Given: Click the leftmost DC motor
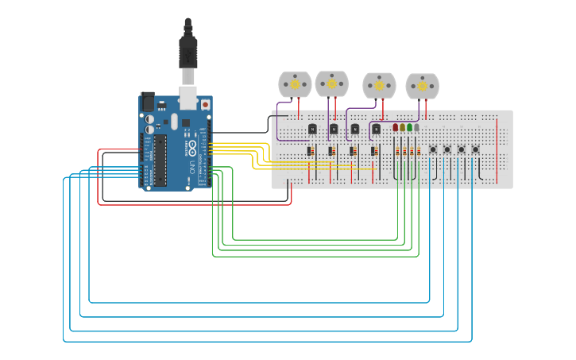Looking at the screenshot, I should tap(295, 84).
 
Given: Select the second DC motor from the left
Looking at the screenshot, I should tap(331, 83).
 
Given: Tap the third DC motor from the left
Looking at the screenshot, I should tap(379, 85).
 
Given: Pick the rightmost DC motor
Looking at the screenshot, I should tap(422, 86).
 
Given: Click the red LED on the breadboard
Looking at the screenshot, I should tap(395, 127).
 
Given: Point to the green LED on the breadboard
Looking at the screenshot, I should tap(409, 127).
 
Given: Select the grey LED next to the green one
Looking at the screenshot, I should tap(416, 127).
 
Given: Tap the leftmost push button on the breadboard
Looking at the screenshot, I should tap(433, 149).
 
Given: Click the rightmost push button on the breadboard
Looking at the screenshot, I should tap(476, 149).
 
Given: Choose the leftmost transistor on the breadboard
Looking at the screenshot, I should tap(312, 129).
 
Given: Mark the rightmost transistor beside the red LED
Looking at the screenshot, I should tap(376, 129).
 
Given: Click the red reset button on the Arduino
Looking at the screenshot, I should tap(205, 104).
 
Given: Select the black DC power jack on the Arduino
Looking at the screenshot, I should tap(148, 102).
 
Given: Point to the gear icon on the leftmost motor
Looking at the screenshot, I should tap(295, 84).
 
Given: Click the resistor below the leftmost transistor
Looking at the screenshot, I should tap(310, 151).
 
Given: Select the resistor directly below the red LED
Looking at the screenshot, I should tap(396, 151).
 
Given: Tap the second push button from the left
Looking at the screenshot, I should tap(447, 149).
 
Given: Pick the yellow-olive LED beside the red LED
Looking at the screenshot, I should tap(402, 127).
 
